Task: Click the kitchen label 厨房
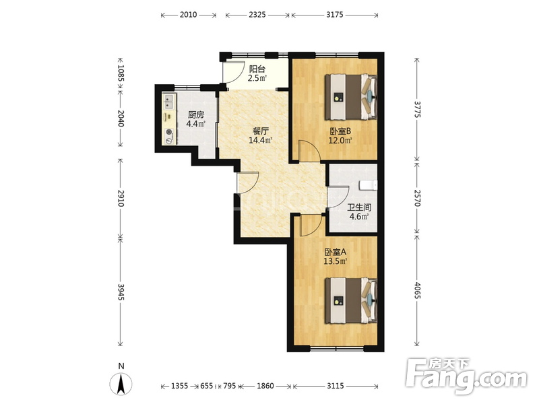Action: [x=195, y=114]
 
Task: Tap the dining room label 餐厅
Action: [x=260, y=131]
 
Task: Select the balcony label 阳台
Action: [x=257, y=69]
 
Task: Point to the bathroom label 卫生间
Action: [x=359, y=207]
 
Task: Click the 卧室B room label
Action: [x=340, y=131]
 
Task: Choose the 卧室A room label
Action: [x=335, y=252]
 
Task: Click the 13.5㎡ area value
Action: [x=335, y=261]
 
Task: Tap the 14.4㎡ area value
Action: [x=261, y=140]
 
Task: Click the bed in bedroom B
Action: [x=351, y=97]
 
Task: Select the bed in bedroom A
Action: [x=351, y=300]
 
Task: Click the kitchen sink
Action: [x=169, y=102]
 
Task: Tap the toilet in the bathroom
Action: [x=368, y=186]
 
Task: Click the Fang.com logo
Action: [x=466, y=377]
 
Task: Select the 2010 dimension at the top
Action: [x=189, y=15]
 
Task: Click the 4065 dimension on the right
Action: [x=417, y=291]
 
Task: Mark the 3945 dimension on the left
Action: [x=121, y=292]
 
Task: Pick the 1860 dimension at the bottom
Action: [x=265, y=386]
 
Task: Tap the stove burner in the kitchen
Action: [x=169, y=132]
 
